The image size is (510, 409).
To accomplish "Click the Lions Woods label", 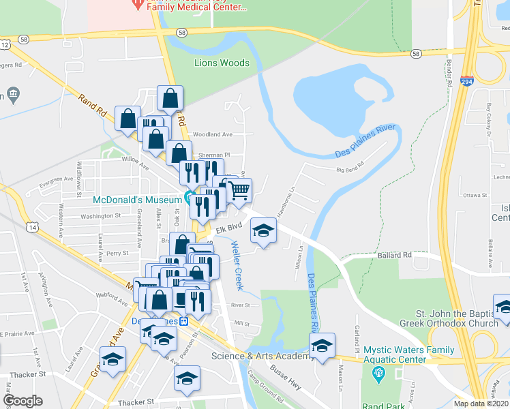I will coord(222,63).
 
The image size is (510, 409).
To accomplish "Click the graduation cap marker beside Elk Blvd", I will coord(263,230).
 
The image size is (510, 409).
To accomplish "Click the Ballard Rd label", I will coord(394,255).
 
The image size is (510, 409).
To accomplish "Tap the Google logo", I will coord(22,401).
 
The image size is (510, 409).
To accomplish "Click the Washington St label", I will coord(100,215).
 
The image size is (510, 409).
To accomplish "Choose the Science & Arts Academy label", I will coord(255,356).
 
